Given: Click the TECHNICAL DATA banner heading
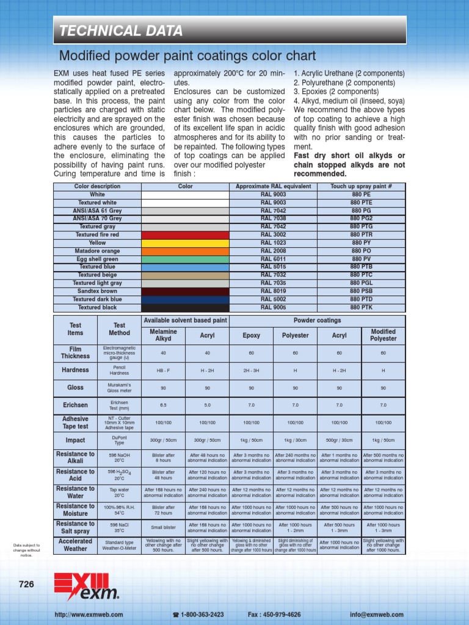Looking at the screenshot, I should [120, 31].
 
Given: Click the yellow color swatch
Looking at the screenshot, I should [185, 243].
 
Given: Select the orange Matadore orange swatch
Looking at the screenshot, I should [185, 251].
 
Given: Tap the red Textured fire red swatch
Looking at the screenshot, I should [185, 235].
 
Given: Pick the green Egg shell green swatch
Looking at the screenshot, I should [185, 259].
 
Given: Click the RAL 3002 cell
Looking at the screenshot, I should [273, 235].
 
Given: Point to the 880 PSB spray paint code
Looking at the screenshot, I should [361, 292].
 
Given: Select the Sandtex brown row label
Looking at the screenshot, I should [97, 292].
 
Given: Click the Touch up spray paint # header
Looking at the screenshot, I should [361, 186].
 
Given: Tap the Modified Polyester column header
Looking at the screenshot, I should [383, 335].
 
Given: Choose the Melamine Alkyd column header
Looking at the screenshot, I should [163, 335].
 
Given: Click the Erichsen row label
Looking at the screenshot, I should [75, 405].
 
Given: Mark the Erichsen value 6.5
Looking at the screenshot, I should [163, 405].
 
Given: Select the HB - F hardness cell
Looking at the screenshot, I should [163, 370].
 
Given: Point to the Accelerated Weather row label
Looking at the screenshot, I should [75, 545].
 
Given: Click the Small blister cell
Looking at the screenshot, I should [163, 528].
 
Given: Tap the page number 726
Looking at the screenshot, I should [26, 584].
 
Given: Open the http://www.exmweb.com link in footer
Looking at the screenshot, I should [89, 615].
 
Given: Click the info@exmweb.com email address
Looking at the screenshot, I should [377, 615].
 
